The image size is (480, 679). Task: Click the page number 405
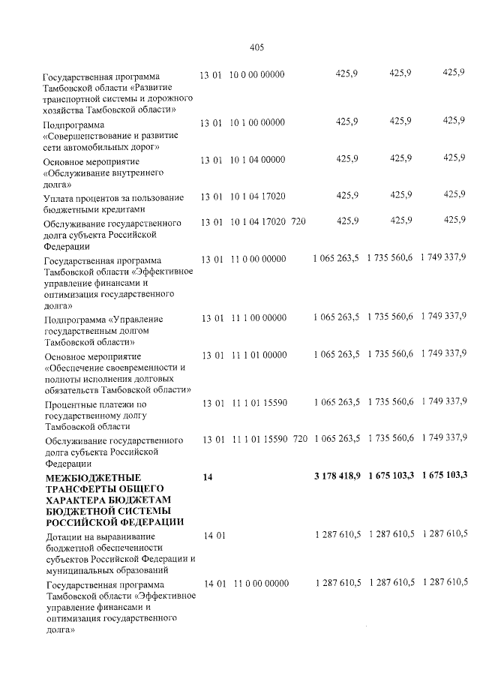tap(256, 47)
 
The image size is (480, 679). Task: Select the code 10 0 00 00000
tap(256, 75)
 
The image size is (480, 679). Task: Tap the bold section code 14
tap(208, 476)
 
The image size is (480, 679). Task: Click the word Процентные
tap(72, 404)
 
